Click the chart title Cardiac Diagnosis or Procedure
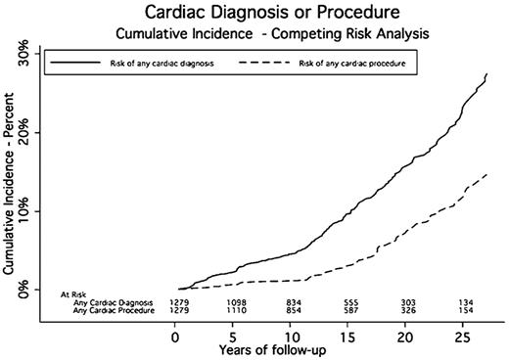257,13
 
